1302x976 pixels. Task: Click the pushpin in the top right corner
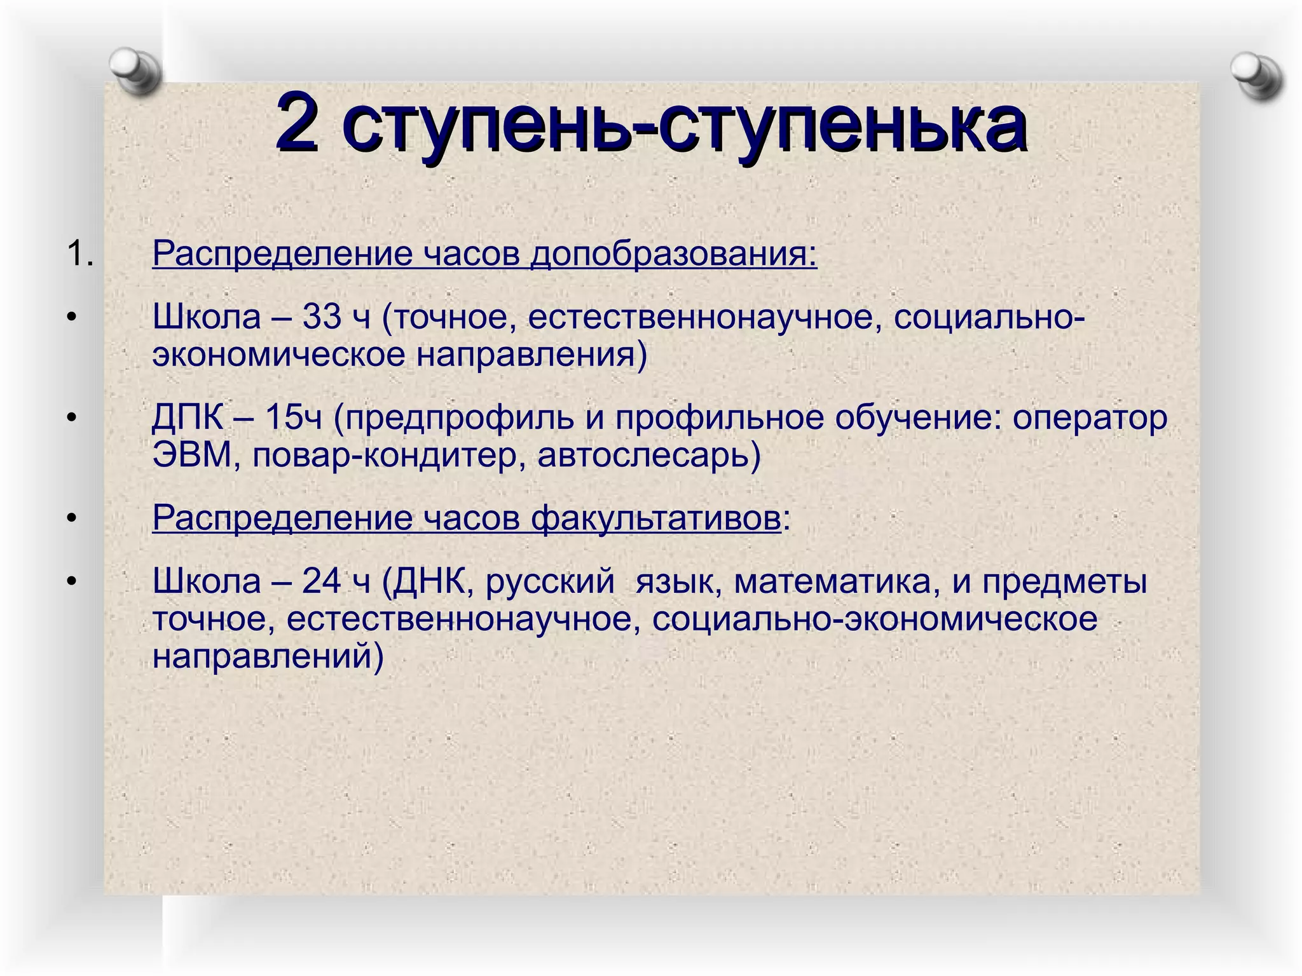tap(1256, 76)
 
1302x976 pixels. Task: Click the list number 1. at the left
tap(80, 254)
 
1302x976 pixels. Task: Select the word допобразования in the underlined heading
tap(674, 254)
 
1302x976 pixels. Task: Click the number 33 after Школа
tap(322, 316)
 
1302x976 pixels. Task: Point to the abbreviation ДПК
tap(188, 418)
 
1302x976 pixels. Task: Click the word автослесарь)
tap(648, 456)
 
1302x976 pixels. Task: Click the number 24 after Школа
tap(322, 581)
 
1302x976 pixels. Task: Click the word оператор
tap(1090, 418)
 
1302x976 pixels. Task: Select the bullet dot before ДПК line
tap(72, 418)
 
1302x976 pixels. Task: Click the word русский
tap(550, 581)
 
